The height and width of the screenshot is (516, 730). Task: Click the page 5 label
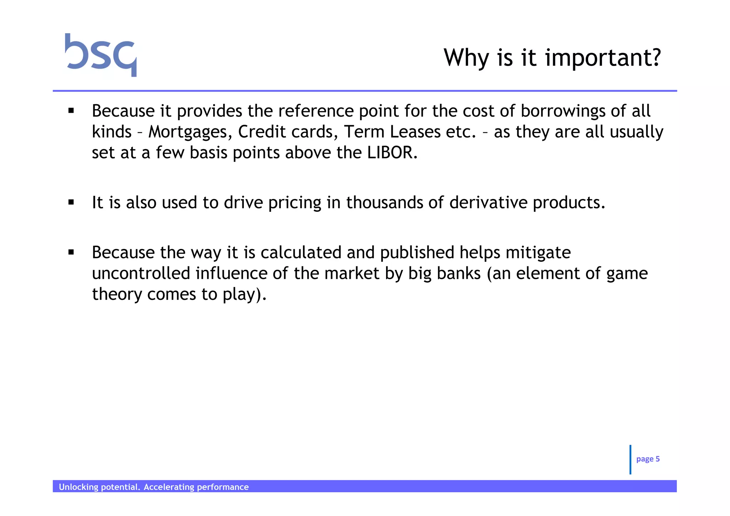[648, 459]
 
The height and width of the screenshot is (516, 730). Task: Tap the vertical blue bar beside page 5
[630, 459]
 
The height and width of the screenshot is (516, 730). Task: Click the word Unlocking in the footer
[78, 487]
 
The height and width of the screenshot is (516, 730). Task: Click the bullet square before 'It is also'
[71, 203]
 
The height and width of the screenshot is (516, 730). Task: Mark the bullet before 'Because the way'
[71, 252]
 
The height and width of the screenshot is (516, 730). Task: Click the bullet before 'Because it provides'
[71, 111]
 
